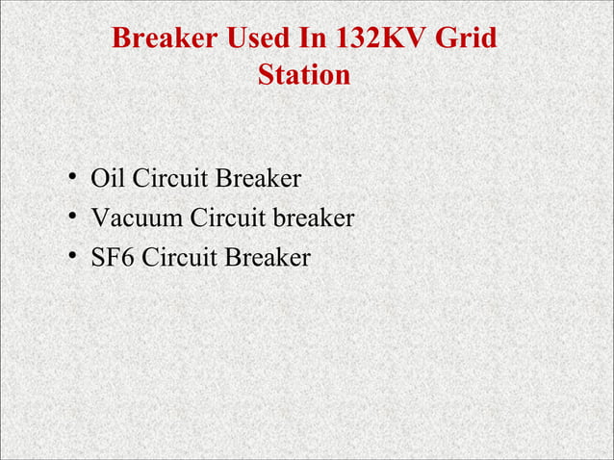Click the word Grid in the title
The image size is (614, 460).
(468, 39)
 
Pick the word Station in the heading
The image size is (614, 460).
(304, 74)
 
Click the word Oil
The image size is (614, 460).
(108, 179)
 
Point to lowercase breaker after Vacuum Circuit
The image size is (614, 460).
(315, 218)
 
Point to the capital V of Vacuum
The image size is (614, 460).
(98, 218)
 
